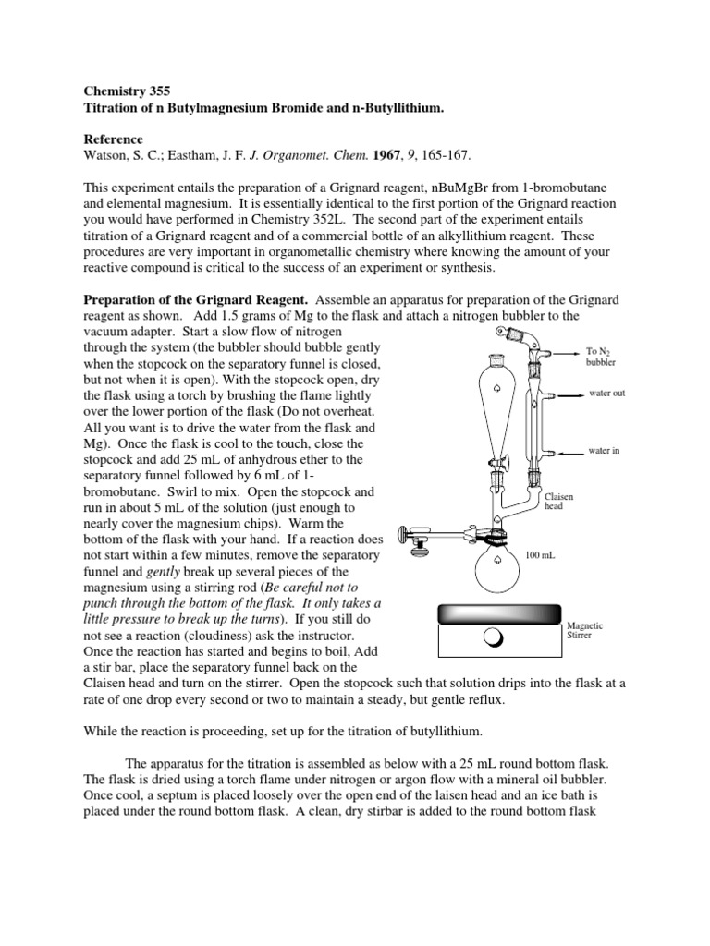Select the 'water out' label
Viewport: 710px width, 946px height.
pos(607,394)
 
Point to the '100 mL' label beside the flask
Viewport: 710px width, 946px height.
pos(539,556)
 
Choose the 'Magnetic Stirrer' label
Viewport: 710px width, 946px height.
pos(584,631)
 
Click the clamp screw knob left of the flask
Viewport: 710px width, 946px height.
pos(403,533)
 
